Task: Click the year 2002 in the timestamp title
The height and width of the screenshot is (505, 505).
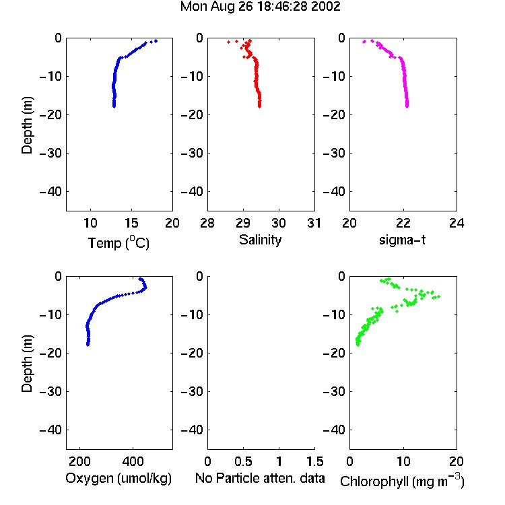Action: (x=326, y=7)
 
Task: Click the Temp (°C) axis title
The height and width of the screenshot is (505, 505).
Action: (x=119, y=243)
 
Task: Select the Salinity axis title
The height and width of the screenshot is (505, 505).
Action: (x=260, y=240)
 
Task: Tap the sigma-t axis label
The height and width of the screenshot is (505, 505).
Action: (x=402, y=240)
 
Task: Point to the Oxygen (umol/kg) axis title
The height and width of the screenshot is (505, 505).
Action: (x=119, y=479)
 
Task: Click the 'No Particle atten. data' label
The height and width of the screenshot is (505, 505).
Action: (x=260, y=478)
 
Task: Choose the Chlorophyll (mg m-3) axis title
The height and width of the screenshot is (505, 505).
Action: (x=402, y=481)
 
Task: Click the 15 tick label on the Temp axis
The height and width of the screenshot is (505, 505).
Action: (x=131, y=223)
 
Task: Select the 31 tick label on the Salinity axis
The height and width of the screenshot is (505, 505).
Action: (x=314, y=223)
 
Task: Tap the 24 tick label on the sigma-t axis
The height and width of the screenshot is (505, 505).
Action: (x=457, y=223)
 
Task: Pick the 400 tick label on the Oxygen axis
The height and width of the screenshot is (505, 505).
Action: (x=133, y=461)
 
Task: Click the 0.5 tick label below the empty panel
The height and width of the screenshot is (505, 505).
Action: (x=243, y=461)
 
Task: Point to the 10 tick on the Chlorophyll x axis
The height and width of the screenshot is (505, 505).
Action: (x=403, y=461)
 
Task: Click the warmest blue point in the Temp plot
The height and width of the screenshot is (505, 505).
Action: (x=156, y=41)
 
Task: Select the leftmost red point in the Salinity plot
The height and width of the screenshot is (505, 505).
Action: (x=229, y=42)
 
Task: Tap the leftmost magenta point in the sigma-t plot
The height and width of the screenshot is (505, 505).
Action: (x=364, y=42)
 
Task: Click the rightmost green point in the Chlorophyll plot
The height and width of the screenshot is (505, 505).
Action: (x=438, y=297)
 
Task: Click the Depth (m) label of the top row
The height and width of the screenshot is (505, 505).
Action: (x=27, y=125)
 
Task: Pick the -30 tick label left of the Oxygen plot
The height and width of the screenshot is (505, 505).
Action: (x=50, y=392)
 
